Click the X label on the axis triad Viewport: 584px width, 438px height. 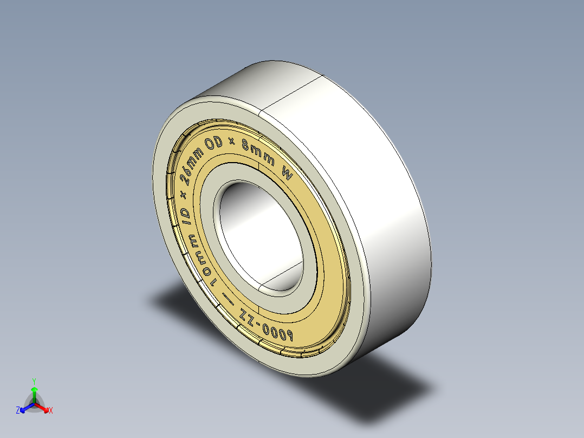pyautogui.click(x=51, y=411)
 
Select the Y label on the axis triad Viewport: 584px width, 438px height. pyautogui.click(x=34, y=381)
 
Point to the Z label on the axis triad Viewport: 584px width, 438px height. pyautogui.click(x=18, y=411)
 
